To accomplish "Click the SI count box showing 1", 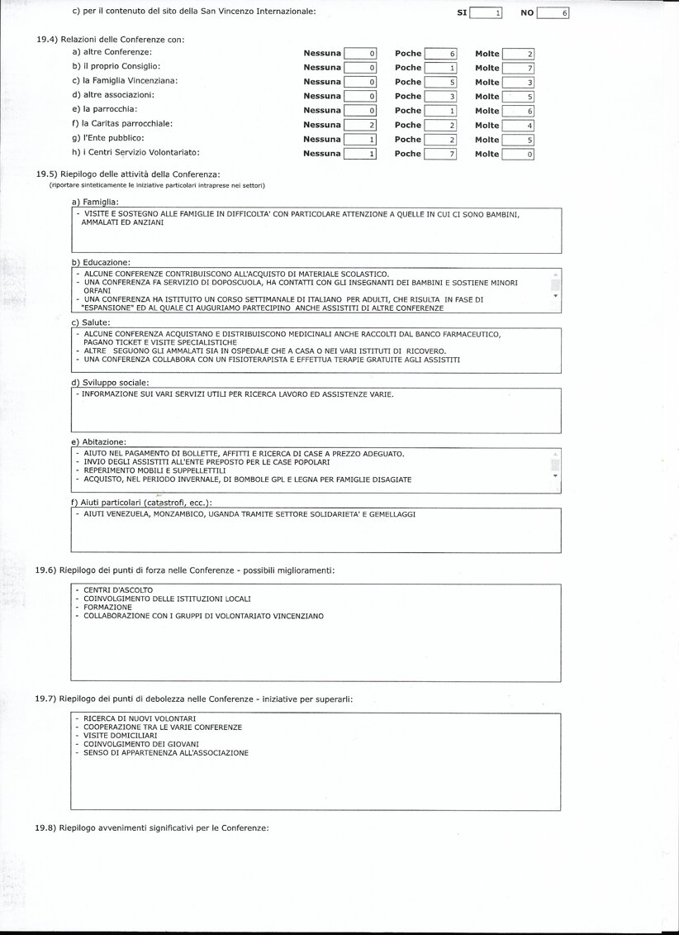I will (486, 13).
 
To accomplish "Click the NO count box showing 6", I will (553, 13).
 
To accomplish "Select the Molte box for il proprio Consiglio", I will (518, 68).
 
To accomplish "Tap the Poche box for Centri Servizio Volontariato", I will (440, 154).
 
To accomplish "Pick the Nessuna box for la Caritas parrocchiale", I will (360, 125).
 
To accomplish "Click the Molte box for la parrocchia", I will (518, 111).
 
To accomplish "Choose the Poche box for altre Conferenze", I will (440, 54).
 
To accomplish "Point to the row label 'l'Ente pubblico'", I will (108, 138).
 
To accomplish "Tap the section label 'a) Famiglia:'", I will (96, 202).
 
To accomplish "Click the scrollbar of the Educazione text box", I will (556, 285).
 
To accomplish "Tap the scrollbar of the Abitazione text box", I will (556, 465).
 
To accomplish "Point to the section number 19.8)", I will (45, 828).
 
